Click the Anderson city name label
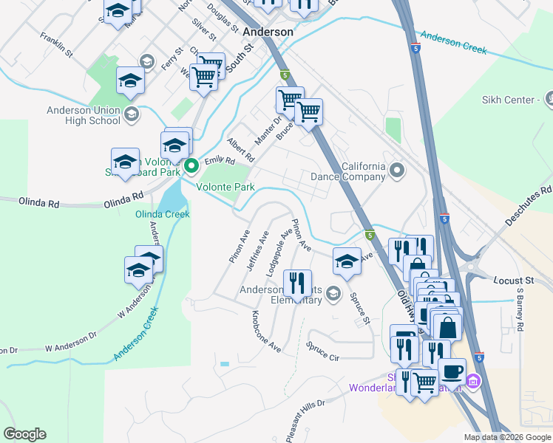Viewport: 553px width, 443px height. (268, 32)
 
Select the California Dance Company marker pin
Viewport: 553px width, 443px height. (397, 171)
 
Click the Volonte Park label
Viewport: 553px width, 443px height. (225, 187)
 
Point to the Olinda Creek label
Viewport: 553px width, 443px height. (162, 214)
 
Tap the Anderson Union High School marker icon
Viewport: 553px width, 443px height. (132, 114)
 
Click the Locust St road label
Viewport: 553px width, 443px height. (513, 281)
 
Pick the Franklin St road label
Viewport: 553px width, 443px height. (56, 44)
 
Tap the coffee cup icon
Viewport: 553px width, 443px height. (452, 370)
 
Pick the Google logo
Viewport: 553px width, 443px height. (24, 434)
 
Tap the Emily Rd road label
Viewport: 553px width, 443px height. (220, 161)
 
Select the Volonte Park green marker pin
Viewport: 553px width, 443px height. (191, 166)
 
